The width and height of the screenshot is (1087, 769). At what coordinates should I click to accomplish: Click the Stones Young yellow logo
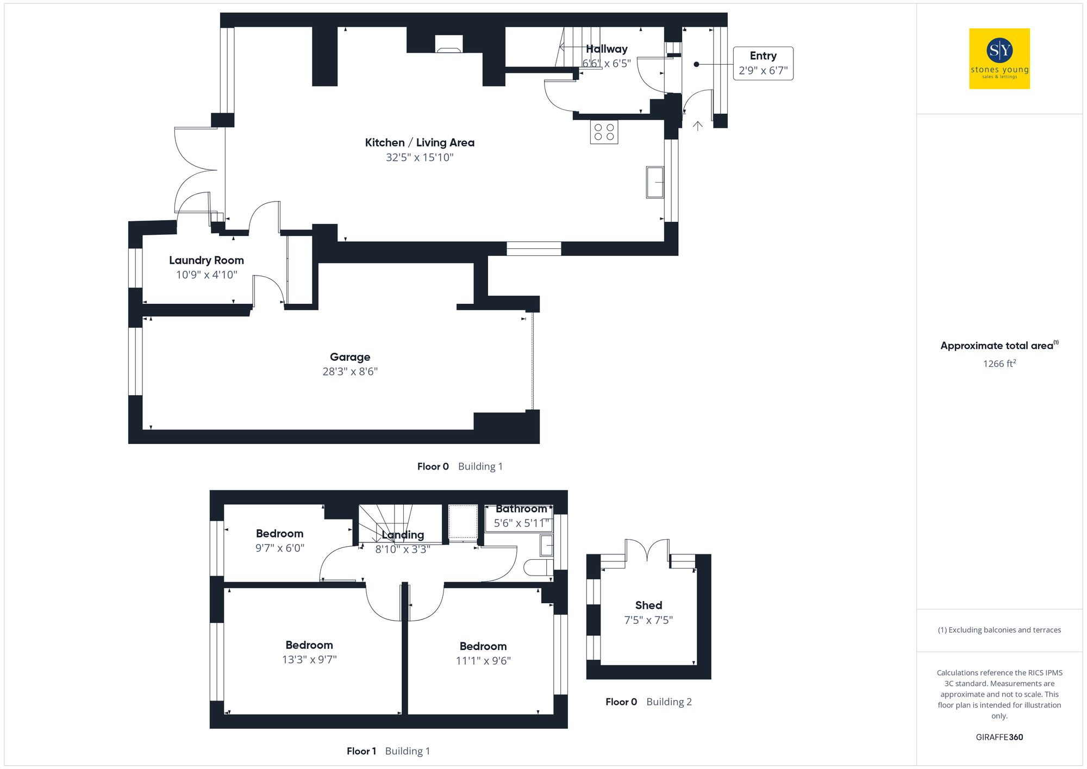999,59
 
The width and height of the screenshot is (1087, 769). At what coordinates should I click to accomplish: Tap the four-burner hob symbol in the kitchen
604,132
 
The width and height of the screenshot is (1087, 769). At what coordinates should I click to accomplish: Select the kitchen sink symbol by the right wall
655,182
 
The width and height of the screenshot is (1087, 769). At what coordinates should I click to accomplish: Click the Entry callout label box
763,64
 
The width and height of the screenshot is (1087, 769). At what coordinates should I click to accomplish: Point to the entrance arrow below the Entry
698,126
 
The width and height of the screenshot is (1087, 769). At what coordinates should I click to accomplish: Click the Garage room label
350,357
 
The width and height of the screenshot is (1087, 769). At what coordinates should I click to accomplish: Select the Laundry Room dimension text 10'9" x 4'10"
207,275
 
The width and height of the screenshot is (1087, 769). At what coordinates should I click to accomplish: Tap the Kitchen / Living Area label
419,143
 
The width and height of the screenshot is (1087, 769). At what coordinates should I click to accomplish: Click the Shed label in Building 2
648,605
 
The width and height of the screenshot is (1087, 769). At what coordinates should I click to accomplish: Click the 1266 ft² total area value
999,364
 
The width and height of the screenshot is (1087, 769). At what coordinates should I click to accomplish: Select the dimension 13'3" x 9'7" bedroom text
309,660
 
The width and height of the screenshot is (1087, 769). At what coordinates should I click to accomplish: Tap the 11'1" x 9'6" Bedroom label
483,653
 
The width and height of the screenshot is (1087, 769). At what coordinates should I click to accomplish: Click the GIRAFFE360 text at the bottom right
999,737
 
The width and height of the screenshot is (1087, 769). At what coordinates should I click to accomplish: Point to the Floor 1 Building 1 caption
388,751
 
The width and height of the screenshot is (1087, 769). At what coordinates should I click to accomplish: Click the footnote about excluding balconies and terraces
999,630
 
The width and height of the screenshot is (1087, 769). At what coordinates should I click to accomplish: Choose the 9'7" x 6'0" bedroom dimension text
280,548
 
